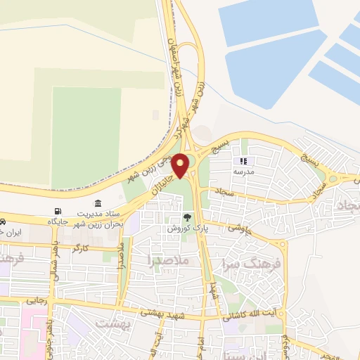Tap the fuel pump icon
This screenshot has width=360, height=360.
point(57,211)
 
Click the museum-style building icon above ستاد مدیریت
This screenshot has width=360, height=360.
point(97,202)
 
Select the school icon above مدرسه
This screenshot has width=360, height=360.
point(244,161)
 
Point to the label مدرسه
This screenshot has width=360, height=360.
point(243,172)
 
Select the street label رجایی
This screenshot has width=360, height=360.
point(36,300)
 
